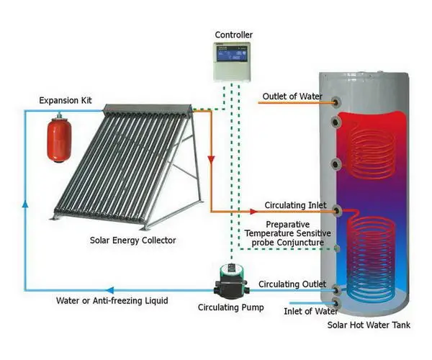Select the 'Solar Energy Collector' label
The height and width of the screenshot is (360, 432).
(x=132, y=240)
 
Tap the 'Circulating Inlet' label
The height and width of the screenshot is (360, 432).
(x=291, y=204)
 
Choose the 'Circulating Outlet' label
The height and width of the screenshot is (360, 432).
(x=292, y=284)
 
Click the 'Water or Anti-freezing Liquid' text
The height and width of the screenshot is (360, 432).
(x=113, y=300)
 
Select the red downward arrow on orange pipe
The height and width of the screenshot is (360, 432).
(x=210, y=158)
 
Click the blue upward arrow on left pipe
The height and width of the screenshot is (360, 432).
(x=24, y=206)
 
